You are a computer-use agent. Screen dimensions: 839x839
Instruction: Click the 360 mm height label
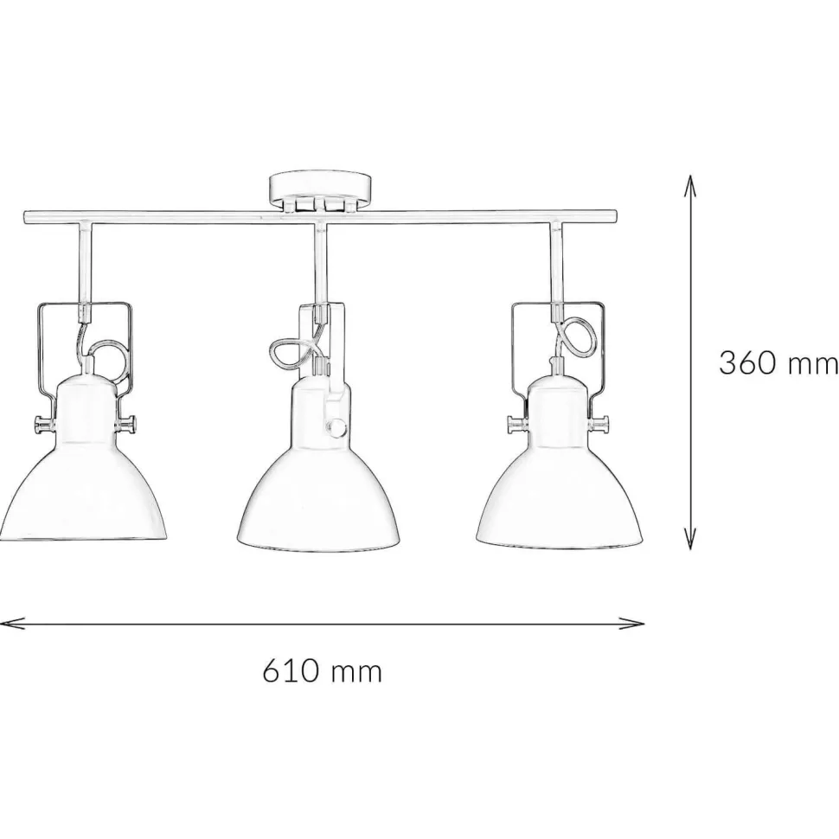[778, 362]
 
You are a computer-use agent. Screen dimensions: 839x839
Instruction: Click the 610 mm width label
[322, 670]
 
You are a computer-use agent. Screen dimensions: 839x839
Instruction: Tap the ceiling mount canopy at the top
[319, 190]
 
